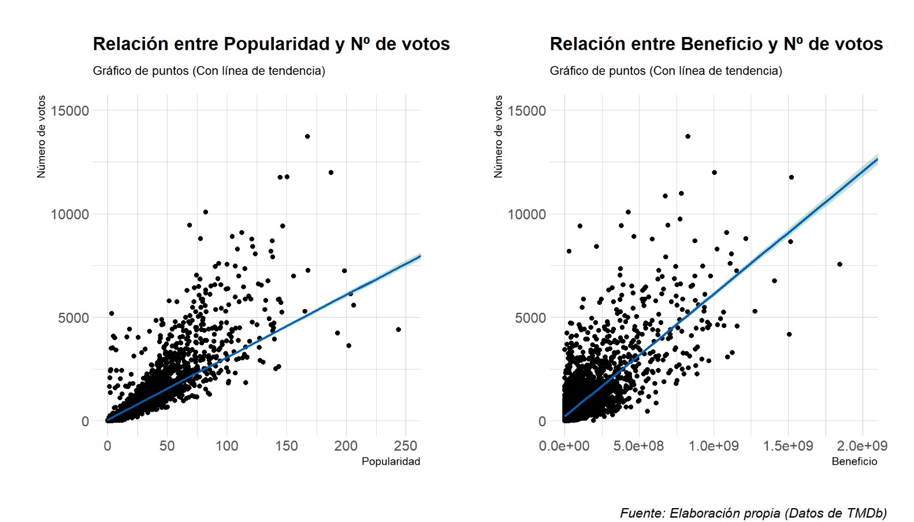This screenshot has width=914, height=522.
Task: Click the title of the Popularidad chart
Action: pyautogui.click(x=271, y=44)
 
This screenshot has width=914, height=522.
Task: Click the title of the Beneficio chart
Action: pyautogui.click(x=716, y=44)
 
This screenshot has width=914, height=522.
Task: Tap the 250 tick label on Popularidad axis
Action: pyautogui.click(x=406, y=446)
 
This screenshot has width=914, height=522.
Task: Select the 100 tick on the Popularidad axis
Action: pyautogui.click(x=226, y=446)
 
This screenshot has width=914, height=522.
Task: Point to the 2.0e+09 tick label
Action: pyautogui.click(x=862, y=446)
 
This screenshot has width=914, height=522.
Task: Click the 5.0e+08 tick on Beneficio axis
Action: pyautogui.click(x=638, y=446)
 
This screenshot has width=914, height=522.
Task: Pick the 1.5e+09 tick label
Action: pyautogui.click(x=787, y=446)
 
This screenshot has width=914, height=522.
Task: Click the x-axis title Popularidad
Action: pyautogui.click(x=391, y=461)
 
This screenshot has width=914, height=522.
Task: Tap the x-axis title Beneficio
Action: pyautogui.click(x=854, y=461)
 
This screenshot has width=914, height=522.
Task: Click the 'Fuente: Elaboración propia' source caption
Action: pyautogui.click(x=753, y=513)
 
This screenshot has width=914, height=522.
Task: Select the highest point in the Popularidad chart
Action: pyautogui.click(x=307, y=136)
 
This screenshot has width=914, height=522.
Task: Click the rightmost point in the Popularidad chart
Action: pyautogui.click(x=398, y=330)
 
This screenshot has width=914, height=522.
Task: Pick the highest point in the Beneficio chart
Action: pyautogui.click(x=688, y=136)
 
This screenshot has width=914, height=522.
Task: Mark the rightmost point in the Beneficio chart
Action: pyautogui.click(x=839, y=264)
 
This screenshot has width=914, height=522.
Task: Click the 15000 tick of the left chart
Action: pyautogui.click(x=70, y=111)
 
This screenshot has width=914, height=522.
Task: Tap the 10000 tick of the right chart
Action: pyautogui.click(x=526, y=214)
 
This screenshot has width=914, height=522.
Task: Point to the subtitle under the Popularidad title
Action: pyautogui.click(x=209, y=70)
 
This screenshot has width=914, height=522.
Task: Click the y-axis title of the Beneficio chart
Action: pyautogui.click(x=499, y=136)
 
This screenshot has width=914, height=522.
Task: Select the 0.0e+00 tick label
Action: pyautogui.click(x=564, y=446)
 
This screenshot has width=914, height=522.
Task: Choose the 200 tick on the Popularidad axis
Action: pyautogui.click(x=345, y=446)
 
